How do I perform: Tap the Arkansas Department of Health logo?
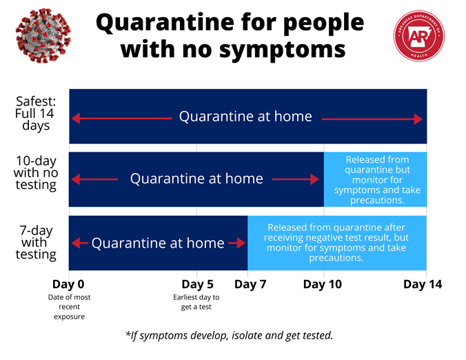point(421,39)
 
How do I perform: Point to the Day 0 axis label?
point(69,283)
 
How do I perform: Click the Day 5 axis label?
point(196,283)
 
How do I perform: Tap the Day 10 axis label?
point(324,283)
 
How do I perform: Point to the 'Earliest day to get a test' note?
point(196,303)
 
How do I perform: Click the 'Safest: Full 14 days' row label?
point(36,113)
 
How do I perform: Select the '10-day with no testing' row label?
point(36,172)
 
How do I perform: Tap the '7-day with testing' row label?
point(36,242)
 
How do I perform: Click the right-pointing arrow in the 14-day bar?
point(372,119)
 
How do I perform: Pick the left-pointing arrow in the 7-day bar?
point(80,243)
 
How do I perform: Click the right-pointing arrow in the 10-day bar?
point(295,179)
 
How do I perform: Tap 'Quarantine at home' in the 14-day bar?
point(245,117)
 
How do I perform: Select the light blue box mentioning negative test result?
point(336,242)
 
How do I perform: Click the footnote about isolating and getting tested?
point(230,335)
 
